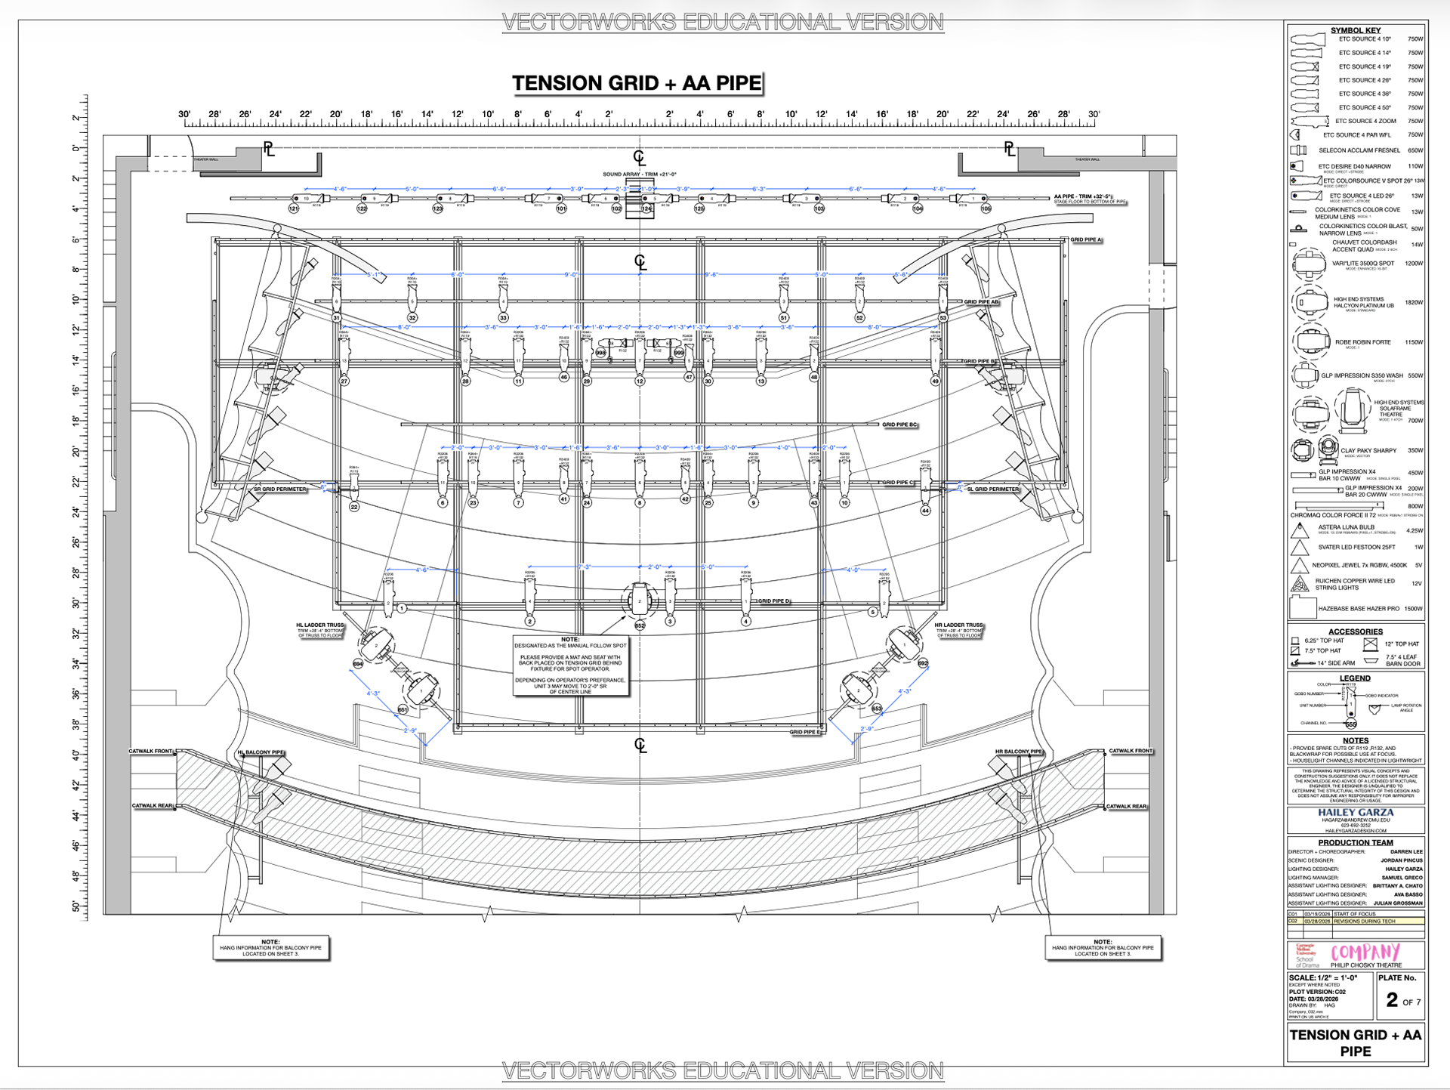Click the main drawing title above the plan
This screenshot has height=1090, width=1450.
pos(637,83)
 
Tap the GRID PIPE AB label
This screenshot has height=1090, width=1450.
pos(981,302)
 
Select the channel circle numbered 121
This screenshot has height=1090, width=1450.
pos(294,208)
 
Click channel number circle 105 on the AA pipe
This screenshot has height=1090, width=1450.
pos(986,208)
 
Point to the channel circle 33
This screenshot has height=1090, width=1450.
pos(503,318)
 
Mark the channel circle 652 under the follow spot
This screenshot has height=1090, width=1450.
pos(640,625)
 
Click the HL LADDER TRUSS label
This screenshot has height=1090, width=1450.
pos(320,625)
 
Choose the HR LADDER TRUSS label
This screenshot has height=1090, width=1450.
pos(959,625)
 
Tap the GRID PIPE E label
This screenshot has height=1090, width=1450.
pos(804,732)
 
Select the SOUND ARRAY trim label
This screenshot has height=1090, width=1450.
pos(639,174)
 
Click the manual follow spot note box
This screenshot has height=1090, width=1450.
pos(570,665)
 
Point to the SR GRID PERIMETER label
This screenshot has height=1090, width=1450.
pos(280,489)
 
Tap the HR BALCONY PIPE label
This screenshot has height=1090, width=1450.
pos(1018,752)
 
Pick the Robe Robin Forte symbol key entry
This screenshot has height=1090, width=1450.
pos(1362,342)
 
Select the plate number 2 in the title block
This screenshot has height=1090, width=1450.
pos(1392,1000)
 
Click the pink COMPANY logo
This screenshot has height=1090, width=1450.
pos(1365,953)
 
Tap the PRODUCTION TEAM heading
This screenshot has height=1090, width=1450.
pos(1356,842)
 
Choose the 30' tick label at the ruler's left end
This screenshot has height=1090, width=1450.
pos(184,114)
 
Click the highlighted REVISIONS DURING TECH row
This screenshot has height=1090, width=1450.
pos(1363,922)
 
